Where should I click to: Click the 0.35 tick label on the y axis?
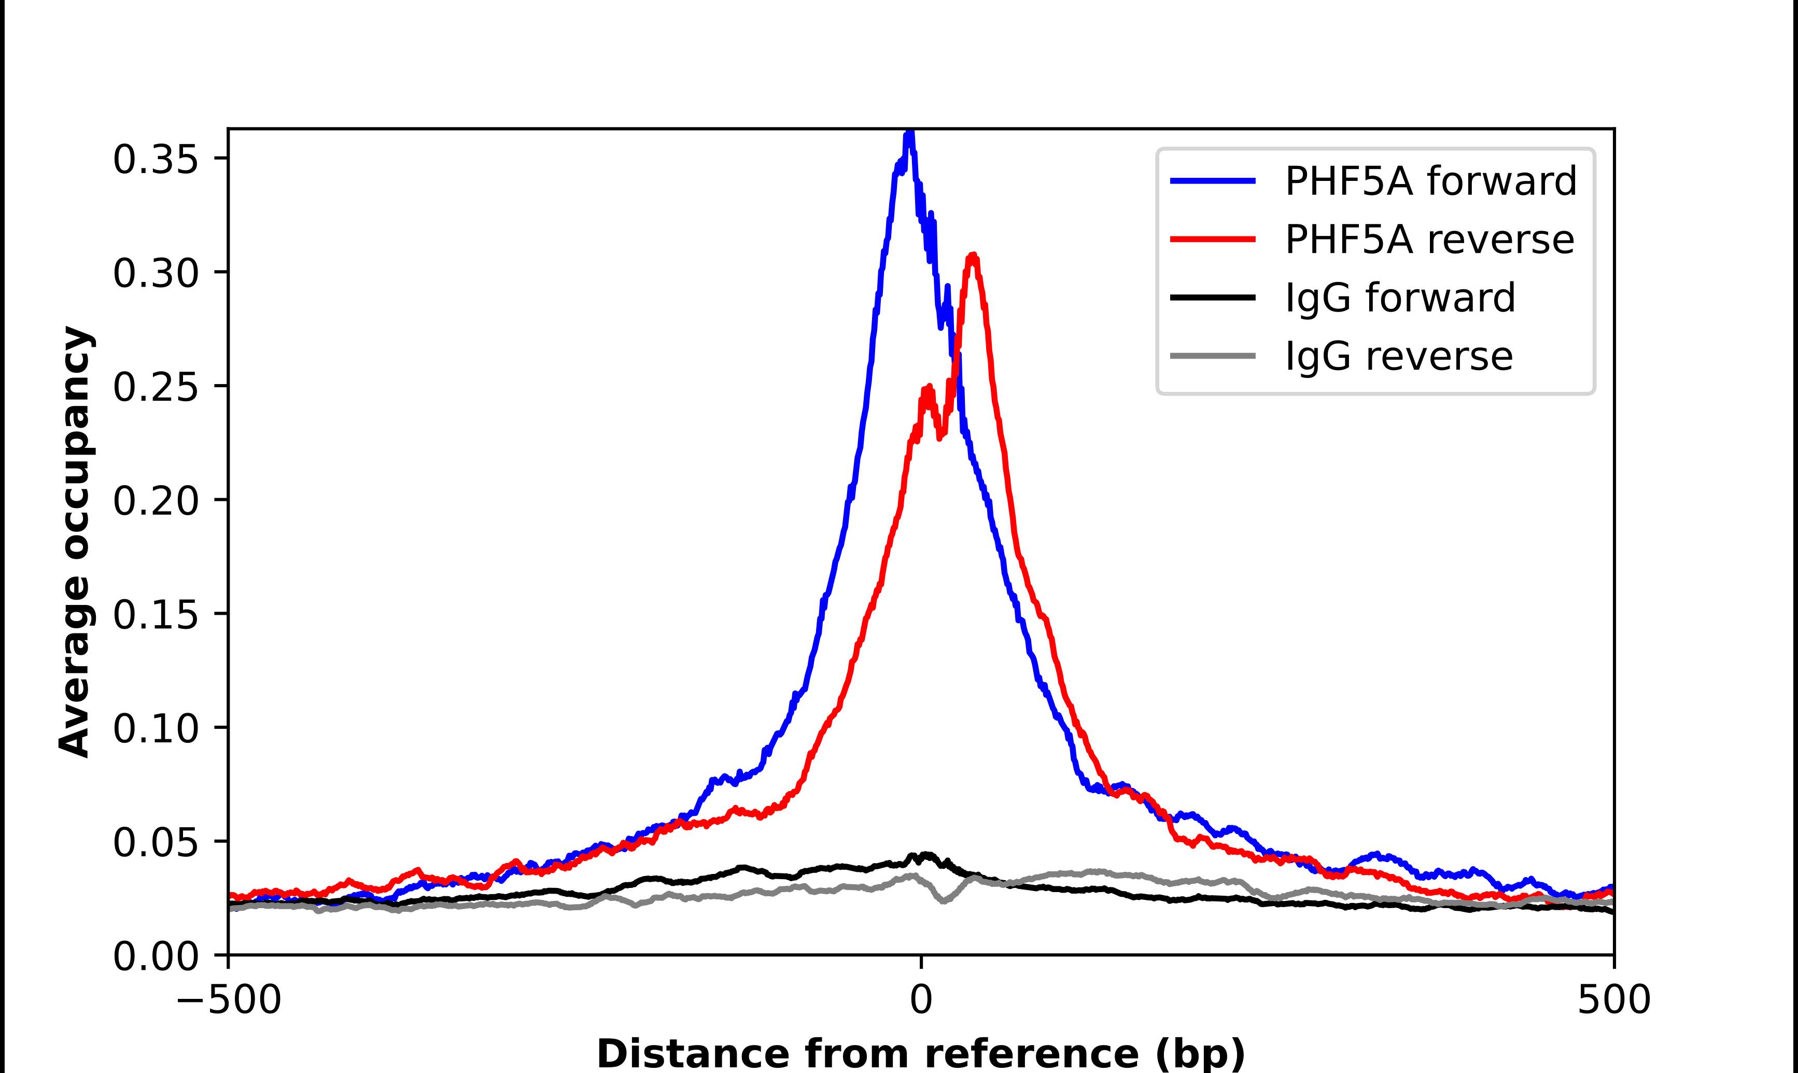click(156, 160)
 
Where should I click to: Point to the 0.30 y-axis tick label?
click(156, 273)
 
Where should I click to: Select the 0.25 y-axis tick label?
click(156, 387)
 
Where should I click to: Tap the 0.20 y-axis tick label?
click(156, 500)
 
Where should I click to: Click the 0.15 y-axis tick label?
click(156, 615)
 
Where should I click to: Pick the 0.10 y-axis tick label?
click(156, 728)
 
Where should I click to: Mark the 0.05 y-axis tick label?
click(156, 842)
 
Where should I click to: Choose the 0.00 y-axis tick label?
click(156, 956)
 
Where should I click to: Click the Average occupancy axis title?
click(75, 542)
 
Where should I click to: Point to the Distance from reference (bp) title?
click(921, 1053)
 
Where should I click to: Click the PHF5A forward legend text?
click(1430, 181)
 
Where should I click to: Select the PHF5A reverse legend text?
click(1428, 239)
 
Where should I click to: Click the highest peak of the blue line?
click(910, 133)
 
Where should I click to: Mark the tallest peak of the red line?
click(973, 255)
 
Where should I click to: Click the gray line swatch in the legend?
click(1212, 356)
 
